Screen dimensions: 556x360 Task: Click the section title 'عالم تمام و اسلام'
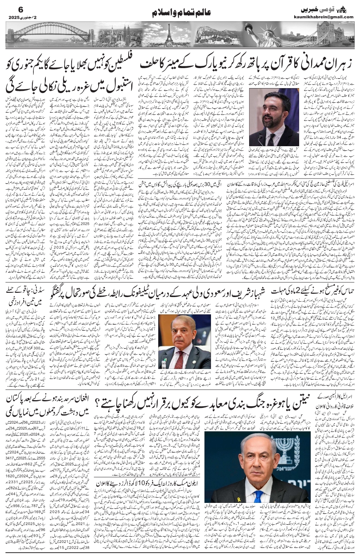pyautogui.click(x=179, y=12)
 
